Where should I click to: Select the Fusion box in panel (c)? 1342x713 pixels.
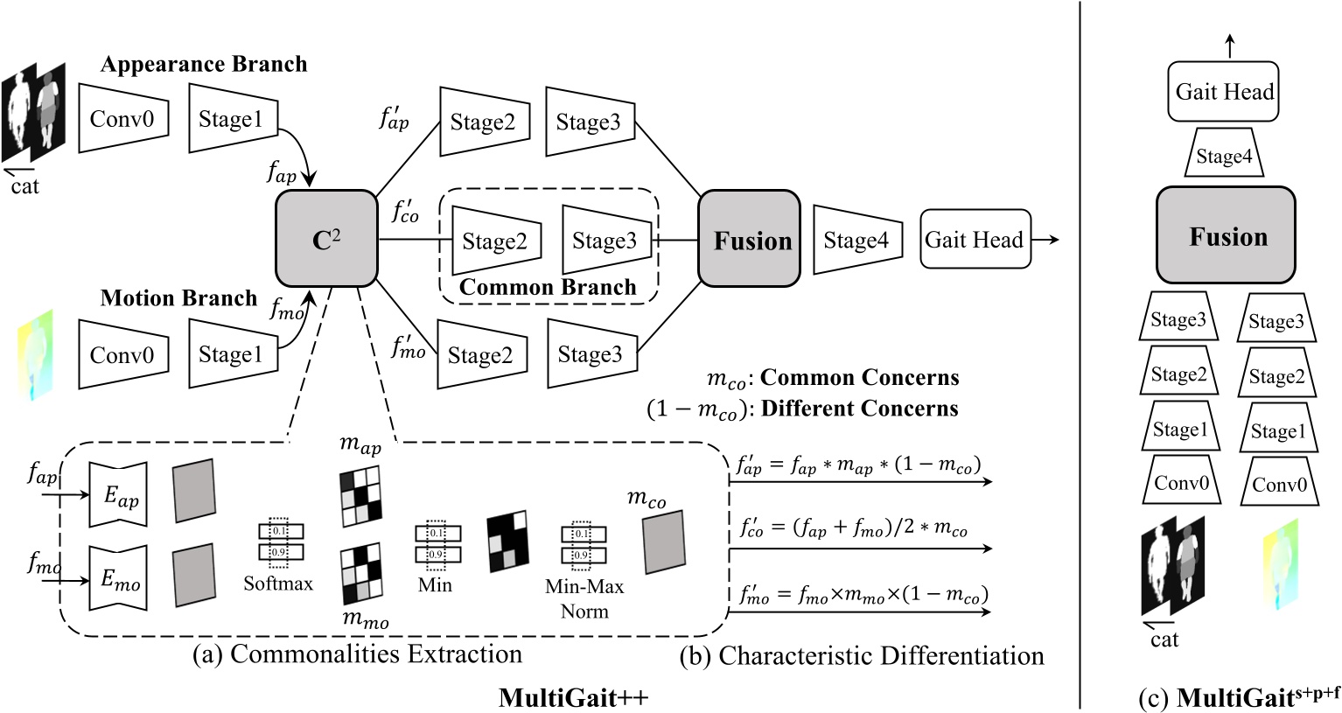pyautogui.click(x=1227, y=236)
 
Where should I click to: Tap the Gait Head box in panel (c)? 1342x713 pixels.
pyautogui.click(x=1224, y=92)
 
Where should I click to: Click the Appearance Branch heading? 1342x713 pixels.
pyautogui.click(x=204, y=64)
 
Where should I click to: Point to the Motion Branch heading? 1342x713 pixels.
pyautogui.click(x=178, y=298)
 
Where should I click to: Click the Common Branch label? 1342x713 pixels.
pyautogui.click(x=548, y=287)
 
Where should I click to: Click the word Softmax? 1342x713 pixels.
pyautogui.click(x=278, y=583)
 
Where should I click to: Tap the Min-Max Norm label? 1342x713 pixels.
pyautogui.click(x=584, y=598)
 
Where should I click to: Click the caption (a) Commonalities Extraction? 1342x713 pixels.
pyautogui.click(x=357, y=654)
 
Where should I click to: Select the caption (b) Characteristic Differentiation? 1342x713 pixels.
pyautogui.click(x=862, y=656)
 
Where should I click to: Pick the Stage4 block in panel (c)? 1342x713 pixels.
pyautogui.click(x=1223, y=157)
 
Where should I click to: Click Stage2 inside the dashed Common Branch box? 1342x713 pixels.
pyautogui.click(x=495, y=241)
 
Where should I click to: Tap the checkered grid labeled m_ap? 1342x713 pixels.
pyautogui.click(x=361, y=496)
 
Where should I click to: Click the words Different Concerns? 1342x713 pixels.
pyautogui.click(x=860, y=409)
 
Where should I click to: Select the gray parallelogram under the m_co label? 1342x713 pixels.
pyautogui.click(x=664, y=543)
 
